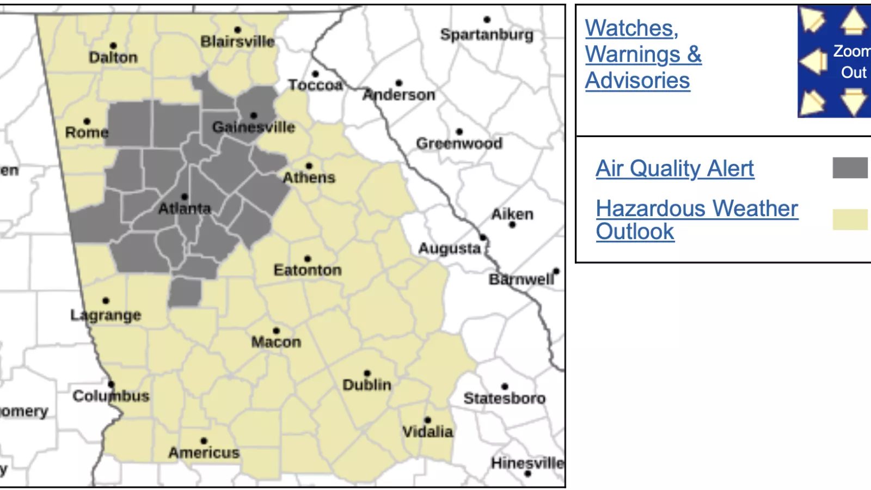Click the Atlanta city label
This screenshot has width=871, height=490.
[x=184, y=209]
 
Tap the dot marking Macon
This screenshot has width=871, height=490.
[x=277, y=330]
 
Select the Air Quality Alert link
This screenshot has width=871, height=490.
[x=674, y=168]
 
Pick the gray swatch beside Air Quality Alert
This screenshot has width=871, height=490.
[x=850, y=168]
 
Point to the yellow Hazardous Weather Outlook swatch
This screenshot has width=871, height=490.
[x=850, y=219]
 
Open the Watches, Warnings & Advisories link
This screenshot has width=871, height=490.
[x=643, y=54]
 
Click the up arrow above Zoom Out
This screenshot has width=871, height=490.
[x=853, y=21]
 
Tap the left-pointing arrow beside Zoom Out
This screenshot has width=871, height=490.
[x=814, y=61]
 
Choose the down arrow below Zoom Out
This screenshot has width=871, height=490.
[x=853, y=102]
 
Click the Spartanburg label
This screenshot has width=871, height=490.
[x=487, y=34]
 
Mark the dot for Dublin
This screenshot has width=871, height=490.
[x=367, y=373]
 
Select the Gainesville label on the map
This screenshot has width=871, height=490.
[x=254, y=127]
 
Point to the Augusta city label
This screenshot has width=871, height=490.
[x=450, y=249]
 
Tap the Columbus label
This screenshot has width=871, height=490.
[x=111, y=396]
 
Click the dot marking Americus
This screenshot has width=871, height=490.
[x=204, y=441]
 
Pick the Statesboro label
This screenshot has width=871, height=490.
[x=504, y=399]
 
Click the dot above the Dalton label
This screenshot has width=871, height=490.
[x=113, y=46]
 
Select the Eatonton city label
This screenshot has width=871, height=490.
[x=308, y=270]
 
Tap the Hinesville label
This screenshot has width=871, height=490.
[x=527, y=463]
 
